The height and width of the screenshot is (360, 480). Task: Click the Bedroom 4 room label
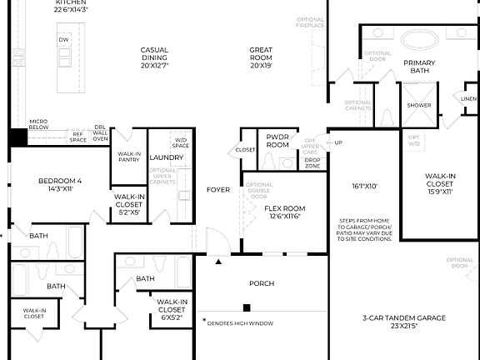coord(59,185)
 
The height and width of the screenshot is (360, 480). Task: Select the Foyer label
coord(218,190)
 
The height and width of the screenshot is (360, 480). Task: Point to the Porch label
coord(262,283)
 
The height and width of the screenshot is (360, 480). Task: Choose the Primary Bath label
coord(420,68)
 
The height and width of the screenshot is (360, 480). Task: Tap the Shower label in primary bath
coord(418,106)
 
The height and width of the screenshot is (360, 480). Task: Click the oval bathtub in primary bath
coord(420,39)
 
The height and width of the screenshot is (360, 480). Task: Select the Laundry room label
coord(166,157)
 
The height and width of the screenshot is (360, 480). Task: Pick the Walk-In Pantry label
coord(129,157)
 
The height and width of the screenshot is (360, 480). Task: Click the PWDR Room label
coord(277,140)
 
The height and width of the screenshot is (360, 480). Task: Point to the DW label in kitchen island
coord(63,39)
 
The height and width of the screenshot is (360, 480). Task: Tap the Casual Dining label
coord(154,56)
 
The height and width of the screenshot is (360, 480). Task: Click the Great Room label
coord(261,56)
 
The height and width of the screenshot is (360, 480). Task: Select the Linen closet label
coord(469,98)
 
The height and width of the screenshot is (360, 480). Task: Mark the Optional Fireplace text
coord(310,22)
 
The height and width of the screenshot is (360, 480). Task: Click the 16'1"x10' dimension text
coord(364,187)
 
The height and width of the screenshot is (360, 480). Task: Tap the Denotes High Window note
coord(245,320)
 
